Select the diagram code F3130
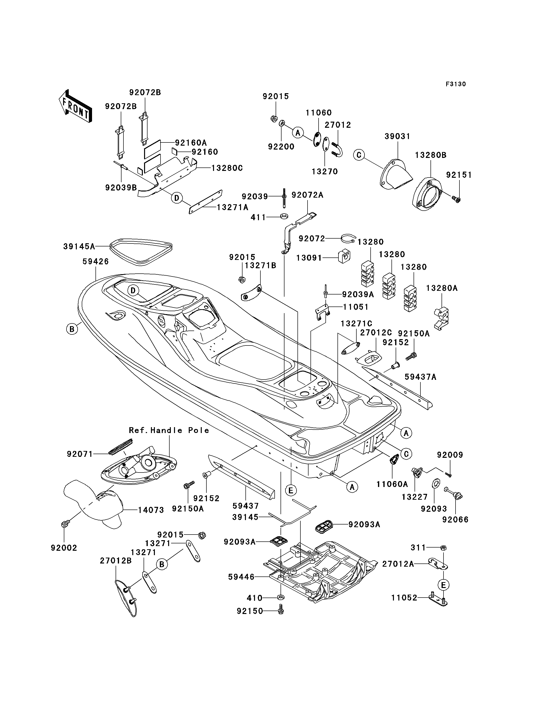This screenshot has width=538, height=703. point(456,84)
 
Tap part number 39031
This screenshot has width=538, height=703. point(397,136)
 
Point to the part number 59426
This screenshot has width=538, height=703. point(96,261)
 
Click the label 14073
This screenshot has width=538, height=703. point(151,510)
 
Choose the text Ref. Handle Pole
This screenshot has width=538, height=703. point(169,430)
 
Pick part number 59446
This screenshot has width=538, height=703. point(241,577)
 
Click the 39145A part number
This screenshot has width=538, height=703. point(79,246)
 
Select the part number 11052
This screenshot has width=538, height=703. point(404,598)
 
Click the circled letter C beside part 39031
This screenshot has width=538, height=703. point(359,155)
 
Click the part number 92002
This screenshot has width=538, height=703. point(64,548)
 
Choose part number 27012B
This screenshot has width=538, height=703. point(116,561)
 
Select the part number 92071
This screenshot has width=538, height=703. point(80,454)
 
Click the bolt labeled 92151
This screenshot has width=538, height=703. point(457,200)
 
